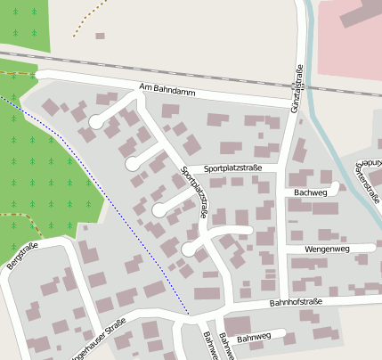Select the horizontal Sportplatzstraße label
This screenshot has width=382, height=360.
[x=232, y=168]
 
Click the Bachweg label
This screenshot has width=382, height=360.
[x=310, y=192]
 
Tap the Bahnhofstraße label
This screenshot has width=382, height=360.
[x=294, y=303]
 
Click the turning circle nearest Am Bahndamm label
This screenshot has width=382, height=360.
[x=95, y=122]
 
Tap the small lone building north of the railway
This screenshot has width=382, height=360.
[x=100, y=37]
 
